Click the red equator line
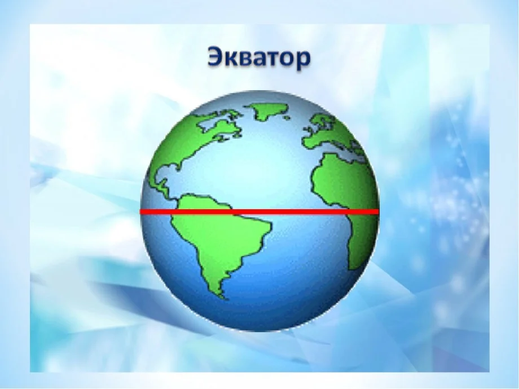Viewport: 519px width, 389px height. [259, 212]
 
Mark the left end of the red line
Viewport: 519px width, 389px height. [142, 212]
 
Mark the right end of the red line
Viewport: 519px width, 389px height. [377, 212]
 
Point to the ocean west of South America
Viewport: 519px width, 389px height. [161, 242]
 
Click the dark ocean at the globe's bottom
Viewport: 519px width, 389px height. [259, 316]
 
